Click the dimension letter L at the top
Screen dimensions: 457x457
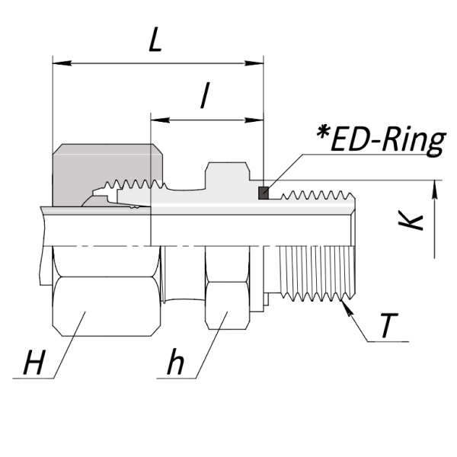pyautogui.click(x=155, y=40)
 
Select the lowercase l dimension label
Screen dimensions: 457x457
pyautogui.click(x=205, y=95)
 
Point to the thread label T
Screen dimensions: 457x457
pyautogui.click(x=389, y=325)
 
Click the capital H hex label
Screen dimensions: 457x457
pyautogui.click(x=34, y=362)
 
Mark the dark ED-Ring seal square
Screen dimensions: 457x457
pyautogui.click(x=264, y=193)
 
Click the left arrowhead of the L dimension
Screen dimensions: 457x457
pyautogui.click(x=62, y=63)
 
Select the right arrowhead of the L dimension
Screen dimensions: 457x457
pyautogui.click(x=254, y=63)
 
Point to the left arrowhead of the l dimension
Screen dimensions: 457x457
pyautogui.click(x=160, y=120)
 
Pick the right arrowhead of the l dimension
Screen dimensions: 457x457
pyautogui.click(x=254, y=120)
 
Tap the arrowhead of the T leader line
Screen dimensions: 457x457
pyautogui.click(x=347, y=308)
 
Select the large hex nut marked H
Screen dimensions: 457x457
pyautogui.click(x=107, y=292)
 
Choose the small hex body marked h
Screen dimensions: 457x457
pyautogui.click(x=227, y=288)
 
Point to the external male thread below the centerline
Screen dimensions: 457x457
pyautogui.click(x=317, y=273)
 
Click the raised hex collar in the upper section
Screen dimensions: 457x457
pyautogui.click(x=227, y=175)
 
